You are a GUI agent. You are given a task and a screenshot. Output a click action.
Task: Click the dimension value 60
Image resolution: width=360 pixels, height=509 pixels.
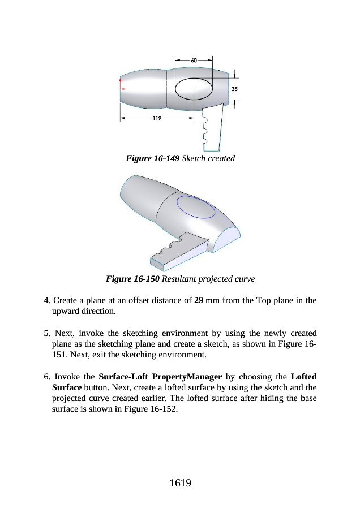[194, 60]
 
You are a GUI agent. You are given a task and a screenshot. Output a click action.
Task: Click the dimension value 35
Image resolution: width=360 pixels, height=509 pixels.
[235, 89]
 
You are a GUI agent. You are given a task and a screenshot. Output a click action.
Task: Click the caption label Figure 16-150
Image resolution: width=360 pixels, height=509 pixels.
[133, 279]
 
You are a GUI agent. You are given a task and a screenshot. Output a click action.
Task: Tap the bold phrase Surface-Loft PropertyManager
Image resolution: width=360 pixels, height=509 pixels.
[160, 376]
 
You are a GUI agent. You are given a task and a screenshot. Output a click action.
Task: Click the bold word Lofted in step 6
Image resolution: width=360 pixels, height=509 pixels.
[303, 376]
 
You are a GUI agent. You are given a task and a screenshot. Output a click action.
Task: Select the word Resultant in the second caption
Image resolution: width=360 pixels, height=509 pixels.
[180, 279]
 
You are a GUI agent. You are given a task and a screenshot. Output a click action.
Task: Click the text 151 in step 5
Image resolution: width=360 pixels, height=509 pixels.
[58, 355]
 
